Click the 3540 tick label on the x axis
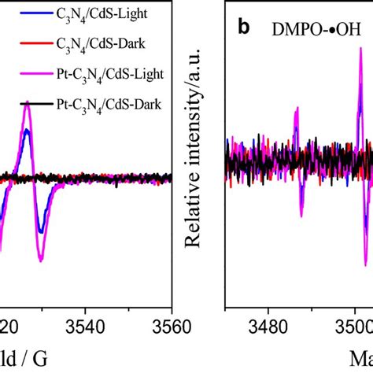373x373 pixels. pos(85,324)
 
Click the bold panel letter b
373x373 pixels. pos(244,28)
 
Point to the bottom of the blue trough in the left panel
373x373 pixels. pos(41,233)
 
